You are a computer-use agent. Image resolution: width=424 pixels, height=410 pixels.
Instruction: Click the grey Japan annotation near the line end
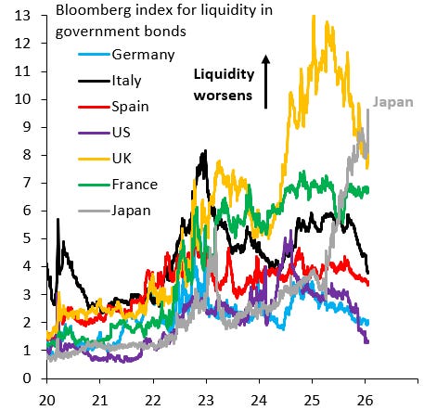coord(393,104)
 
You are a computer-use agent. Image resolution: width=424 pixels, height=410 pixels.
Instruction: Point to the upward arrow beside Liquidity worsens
coord(266,79)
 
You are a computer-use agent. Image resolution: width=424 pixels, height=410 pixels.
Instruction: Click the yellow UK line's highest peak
coord(314,16)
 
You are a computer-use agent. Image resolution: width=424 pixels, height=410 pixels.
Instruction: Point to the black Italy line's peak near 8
coord(204,151)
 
